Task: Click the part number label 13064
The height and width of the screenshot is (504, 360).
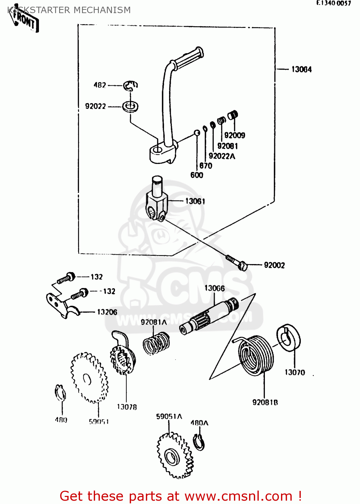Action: pyautogui.click(x=301, y=70)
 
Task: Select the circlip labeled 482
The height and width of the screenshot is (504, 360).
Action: pyautogui.click(x=130, y=86)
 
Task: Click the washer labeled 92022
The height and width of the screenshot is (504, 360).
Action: pyautogui.click(x=130, y=107)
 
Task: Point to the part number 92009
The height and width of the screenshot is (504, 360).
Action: pyautogui.click(x=235, y=135)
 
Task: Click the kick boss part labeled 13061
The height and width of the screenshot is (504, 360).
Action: pyautogui.click(x=156, y=202)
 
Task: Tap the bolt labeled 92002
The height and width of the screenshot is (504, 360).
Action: pyautogui.click(x=237, y=262)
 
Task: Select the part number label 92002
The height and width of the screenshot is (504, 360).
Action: pyautogui.click(x=274, y=265)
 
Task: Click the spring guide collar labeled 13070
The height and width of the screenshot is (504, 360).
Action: pyautogui.click(x=288, y=338)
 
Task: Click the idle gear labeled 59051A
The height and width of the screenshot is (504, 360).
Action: pyautogui.click(x=175, y=455)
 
